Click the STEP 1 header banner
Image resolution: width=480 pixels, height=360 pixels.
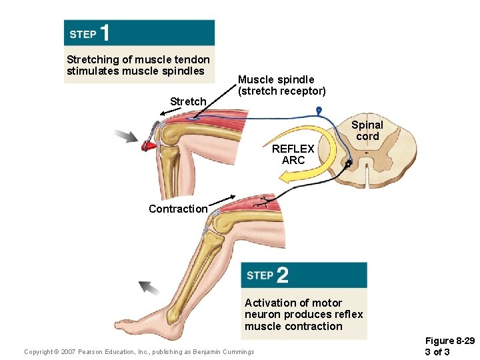[x=139, y=33]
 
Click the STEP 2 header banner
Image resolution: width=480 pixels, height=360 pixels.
[x=304, y=275]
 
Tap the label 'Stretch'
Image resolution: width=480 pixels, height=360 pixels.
[x=188, y=101]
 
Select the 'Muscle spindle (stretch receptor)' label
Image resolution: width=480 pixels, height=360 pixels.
[x=282, y=85]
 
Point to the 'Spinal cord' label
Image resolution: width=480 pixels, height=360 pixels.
[x=367, y=131]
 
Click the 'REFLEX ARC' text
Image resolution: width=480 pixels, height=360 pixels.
[x=293, y=155]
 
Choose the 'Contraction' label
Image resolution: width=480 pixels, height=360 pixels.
[x=178, y=209]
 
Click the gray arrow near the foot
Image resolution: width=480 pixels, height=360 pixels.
[x=149, y=288]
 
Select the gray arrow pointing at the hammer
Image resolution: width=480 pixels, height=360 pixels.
[x=125, y=137]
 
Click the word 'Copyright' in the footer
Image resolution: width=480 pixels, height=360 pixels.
[x=41, y=352]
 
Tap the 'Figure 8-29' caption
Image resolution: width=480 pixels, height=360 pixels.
[x=449, y=341]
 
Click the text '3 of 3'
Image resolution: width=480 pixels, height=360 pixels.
[x=437, y=352]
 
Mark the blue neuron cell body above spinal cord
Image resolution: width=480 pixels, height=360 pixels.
[x=319, y=110]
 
